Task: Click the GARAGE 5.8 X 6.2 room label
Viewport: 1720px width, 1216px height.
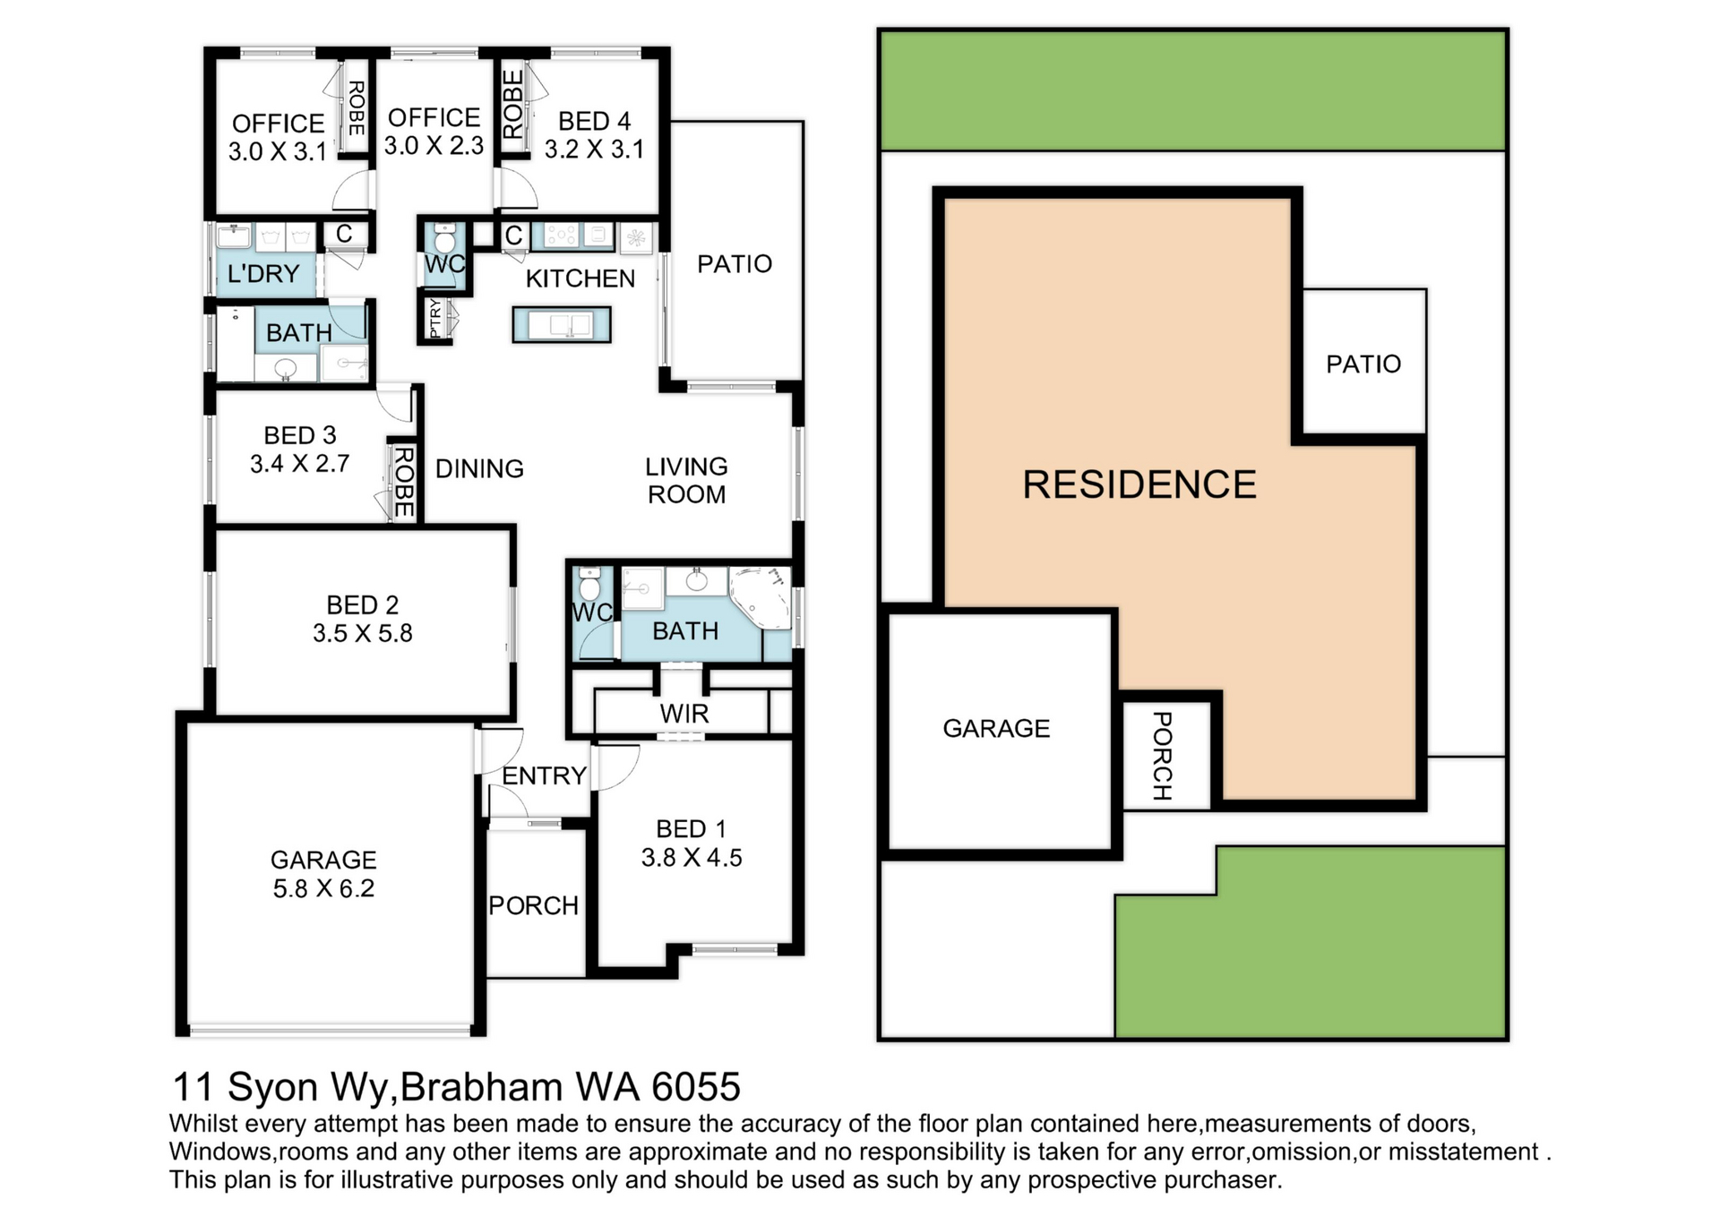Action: point(323,874)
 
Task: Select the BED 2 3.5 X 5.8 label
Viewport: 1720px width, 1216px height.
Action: point(363,619)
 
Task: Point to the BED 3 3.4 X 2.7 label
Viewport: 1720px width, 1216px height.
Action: point(300,450)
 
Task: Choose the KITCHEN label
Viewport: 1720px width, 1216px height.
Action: point(580,278)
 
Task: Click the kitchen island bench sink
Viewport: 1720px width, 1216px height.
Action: point(562,324)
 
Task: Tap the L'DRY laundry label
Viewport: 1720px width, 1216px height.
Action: point(263,273)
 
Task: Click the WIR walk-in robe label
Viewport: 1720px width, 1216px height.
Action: point(684,714)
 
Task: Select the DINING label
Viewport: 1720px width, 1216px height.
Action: point(479,468)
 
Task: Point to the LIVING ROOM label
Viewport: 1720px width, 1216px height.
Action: point(687,480)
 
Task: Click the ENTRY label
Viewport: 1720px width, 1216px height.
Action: point(544,775)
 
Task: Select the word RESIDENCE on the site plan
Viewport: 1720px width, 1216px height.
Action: point(1139,484)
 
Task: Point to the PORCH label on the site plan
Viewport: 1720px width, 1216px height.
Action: point(1162,756)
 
